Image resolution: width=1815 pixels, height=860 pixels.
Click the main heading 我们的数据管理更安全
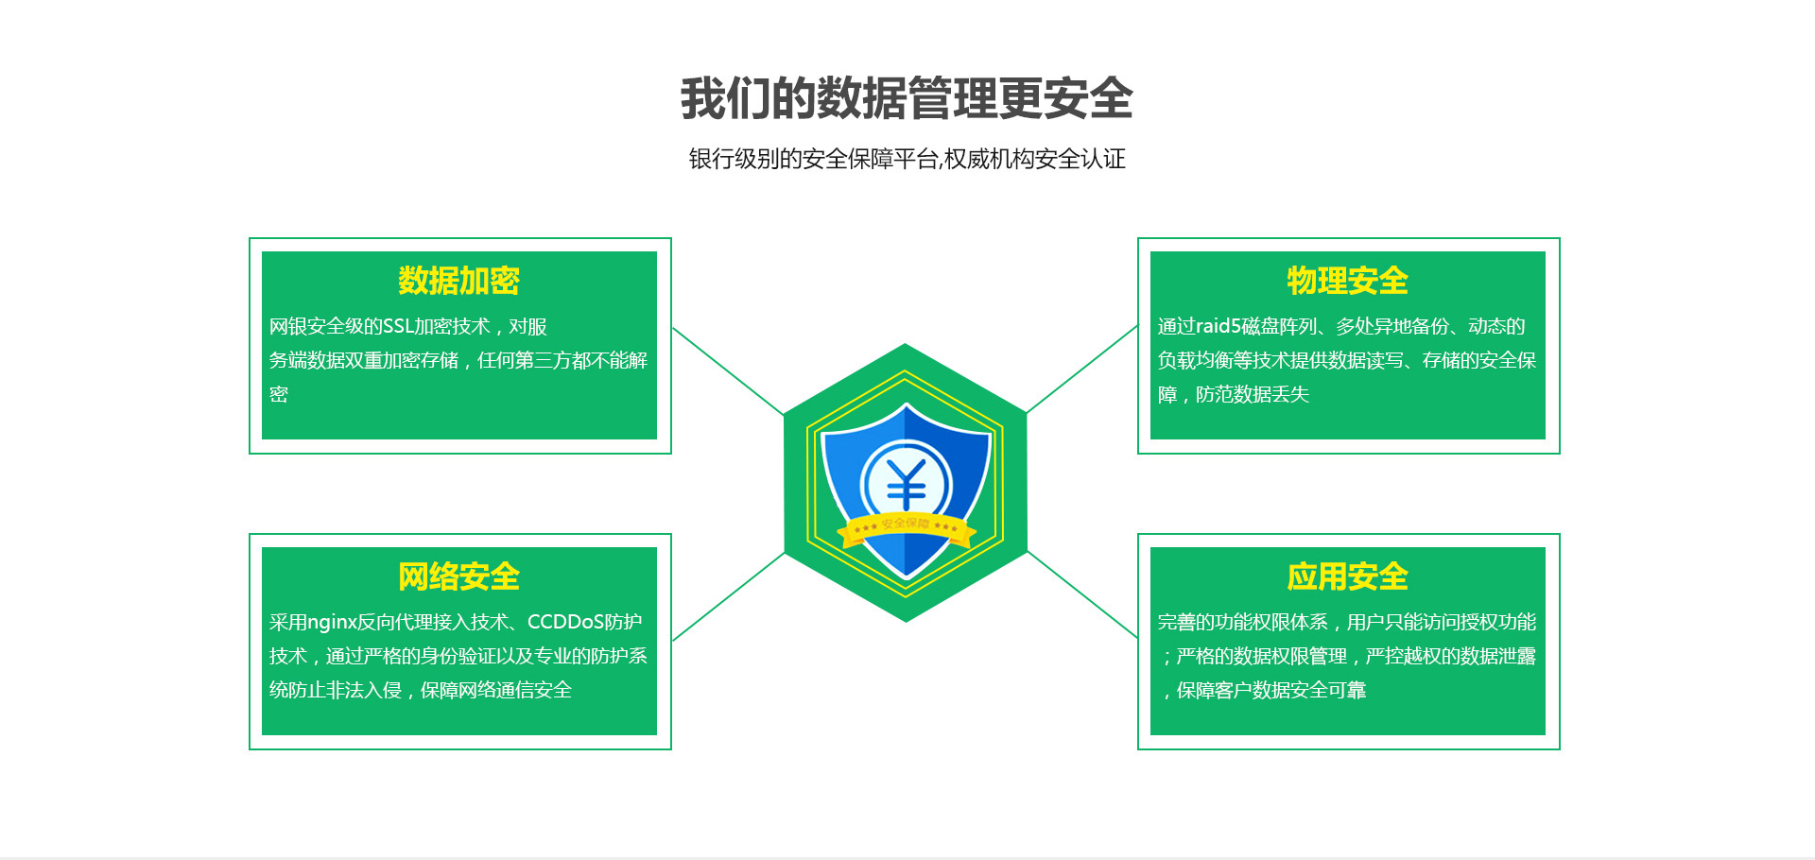pos(907,98)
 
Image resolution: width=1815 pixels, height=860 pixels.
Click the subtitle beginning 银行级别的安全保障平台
pos(907,159)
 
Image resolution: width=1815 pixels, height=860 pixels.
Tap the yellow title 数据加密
pos(458,281)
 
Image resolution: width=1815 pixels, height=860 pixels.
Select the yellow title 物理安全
pos(1347,281)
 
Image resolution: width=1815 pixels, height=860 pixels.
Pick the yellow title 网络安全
pos(458,576)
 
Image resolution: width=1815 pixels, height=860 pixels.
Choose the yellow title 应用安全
pos(1347,576)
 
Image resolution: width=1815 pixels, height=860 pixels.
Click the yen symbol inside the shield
pos(907,485)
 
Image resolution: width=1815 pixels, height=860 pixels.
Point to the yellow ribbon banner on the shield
pos(907,529)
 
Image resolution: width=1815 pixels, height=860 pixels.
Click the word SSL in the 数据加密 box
pos(398,326)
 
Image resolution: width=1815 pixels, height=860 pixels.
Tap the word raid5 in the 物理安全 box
pos(1219,326)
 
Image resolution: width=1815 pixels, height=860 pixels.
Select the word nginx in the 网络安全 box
pos(332,623)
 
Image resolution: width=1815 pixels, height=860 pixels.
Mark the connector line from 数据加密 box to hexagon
pos(728,371)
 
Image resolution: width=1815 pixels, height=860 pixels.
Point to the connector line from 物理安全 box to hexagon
pos(1082,370)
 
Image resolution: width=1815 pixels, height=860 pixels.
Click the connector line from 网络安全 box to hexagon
pos(728,597)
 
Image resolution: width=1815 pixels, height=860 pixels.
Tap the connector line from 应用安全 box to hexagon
pos(1082,595)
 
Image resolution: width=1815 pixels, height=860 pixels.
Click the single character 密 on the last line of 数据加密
pos(279,394)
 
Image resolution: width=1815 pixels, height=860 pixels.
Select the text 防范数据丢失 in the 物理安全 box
pos(1253,394)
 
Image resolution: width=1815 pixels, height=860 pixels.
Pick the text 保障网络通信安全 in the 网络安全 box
pos(496,690)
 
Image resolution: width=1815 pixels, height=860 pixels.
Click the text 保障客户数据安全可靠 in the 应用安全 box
pos(1271,690)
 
